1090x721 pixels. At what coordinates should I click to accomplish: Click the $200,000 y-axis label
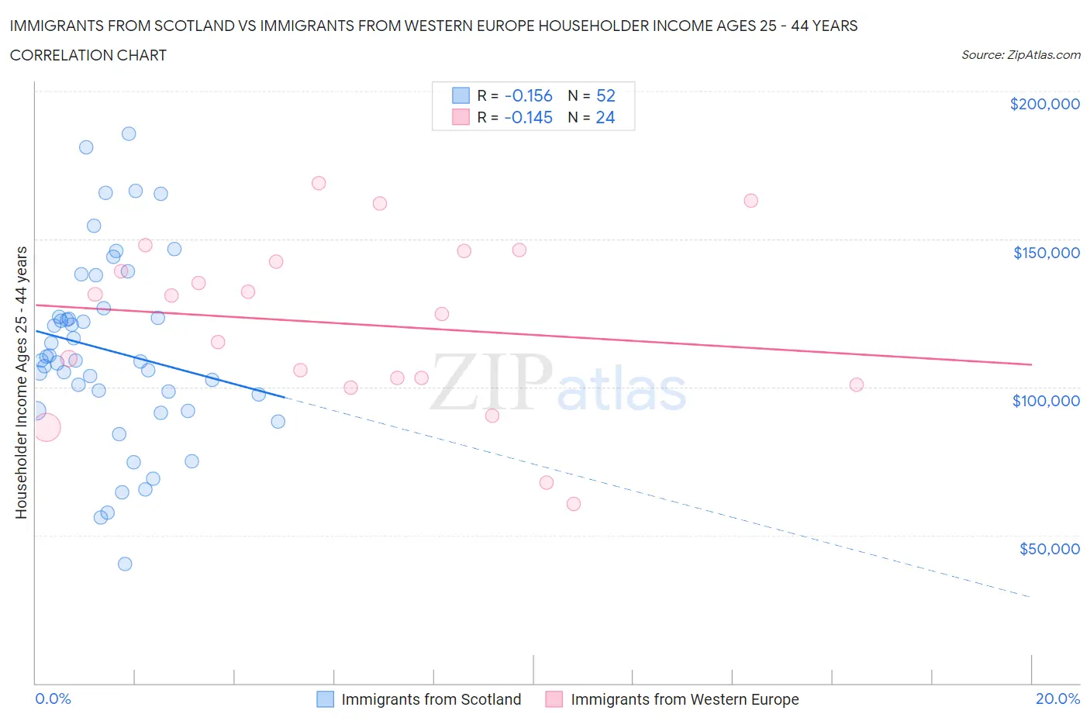click(x=1044, y=104)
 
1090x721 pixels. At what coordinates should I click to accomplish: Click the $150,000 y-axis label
click(x=1046, y=253)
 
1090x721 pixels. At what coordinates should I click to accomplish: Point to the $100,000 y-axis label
click(x=1046, y=401)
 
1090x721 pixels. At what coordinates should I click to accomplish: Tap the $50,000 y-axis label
click(x=1049, y=549)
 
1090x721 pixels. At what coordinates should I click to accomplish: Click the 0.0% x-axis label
click(x=53, y=699)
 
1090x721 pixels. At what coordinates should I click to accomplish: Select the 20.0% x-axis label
click(x=1057, y=699)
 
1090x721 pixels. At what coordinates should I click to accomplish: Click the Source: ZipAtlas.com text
click(x=1020, y=55)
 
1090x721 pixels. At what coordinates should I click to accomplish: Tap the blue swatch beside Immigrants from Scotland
click(x=326, y=699)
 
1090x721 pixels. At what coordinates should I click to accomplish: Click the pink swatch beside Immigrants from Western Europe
click(x=554, y=699)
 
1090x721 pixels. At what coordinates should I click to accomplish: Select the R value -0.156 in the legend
click(x=528, y=96)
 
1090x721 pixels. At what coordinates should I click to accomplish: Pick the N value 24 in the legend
click(x=605, y=118)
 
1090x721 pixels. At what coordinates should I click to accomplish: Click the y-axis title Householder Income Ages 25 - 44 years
click(x=21, y=382)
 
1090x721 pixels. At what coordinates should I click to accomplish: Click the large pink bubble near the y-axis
click(x=46, y=427)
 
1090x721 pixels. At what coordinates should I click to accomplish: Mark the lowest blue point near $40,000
click(x=125, y=564)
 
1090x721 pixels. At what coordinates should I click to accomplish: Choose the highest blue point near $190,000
click(x=129, y=133)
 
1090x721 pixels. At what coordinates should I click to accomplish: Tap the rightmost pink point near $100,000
click(x=857, y=385)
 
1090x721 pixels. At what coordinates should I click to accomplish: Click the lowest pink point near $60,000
click(x=574, y=504)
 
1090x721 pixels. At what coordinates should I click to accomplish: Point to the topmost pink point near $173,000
click(x=319, y=183)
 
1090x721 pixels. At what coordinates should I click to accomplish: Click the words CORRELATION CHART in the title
click(x=88, y=55)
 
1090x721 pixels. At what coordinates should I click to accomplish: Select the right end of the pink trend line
click(x=1031, y=364)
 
